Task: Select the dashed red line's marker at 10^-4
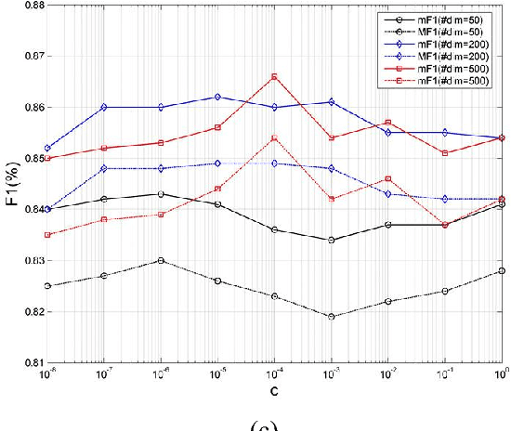tap(274, 137)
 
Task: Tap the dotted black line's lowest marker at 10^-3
tap(330, 317)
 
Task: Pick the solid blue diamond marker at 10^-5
tap(217, 97)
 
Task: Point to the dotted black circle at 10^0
tap(502, 270)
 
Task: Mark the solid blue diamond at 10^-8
tap(48, 148)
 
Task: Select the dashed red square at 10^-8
tap(48, 235)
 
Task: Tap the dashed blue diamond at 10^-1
tap(445, 199)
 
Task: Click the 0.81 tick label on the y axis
tap(30, 363)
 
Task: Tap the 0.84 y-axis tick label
tap(30, 210)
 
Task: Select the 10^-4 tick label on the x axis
tap(274, 373)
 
